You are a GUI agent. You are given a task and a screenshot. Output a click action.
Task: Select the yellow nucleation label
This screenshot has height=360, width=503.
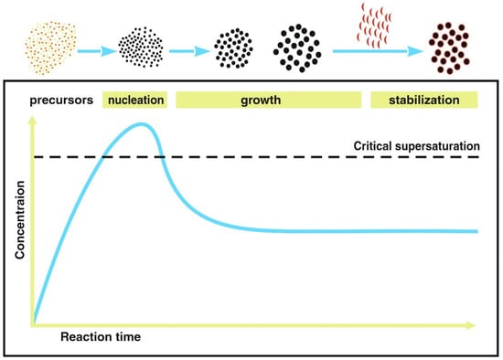tap(135, 100)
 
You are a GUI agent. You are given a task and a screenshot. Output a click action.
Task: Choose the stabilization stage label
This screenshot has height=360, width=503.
tap(424, 100)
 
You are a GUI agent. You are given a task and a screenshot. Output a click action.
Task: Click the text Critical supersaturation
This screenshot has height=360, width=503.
tap(415, 145)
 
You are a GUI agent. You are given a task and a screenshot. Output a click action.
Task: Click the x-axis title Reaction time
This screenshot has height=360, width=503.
tap(102, 338)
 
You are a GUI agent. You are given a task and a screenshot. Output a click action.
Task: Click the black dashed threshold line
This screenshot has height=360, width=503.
tap(274, 157)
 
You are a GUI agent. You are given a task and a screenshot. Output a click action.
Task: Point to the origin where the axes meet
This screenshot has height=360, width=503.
tap(34, 323)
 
